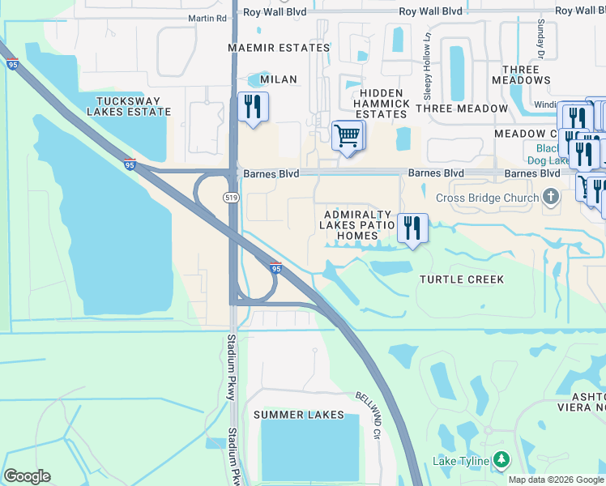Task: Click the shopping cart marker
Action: [348, 135]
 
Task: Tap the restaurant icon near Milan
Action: [253, 106]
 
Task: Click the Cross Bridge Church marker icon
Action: [550, 197]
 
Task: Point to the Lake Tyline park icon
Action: [501, 461]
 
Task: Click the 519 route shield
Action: [231, 197]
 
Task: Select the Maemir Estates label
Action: [279, 48]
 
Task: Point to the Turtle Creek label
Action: [462, 279]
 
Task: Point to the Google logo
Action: [27, 476]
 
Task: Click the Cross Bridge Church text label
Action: [487, 198]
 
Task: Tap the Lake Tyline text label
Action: [460, 461]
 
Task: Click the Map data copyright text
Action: [557, 480]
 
